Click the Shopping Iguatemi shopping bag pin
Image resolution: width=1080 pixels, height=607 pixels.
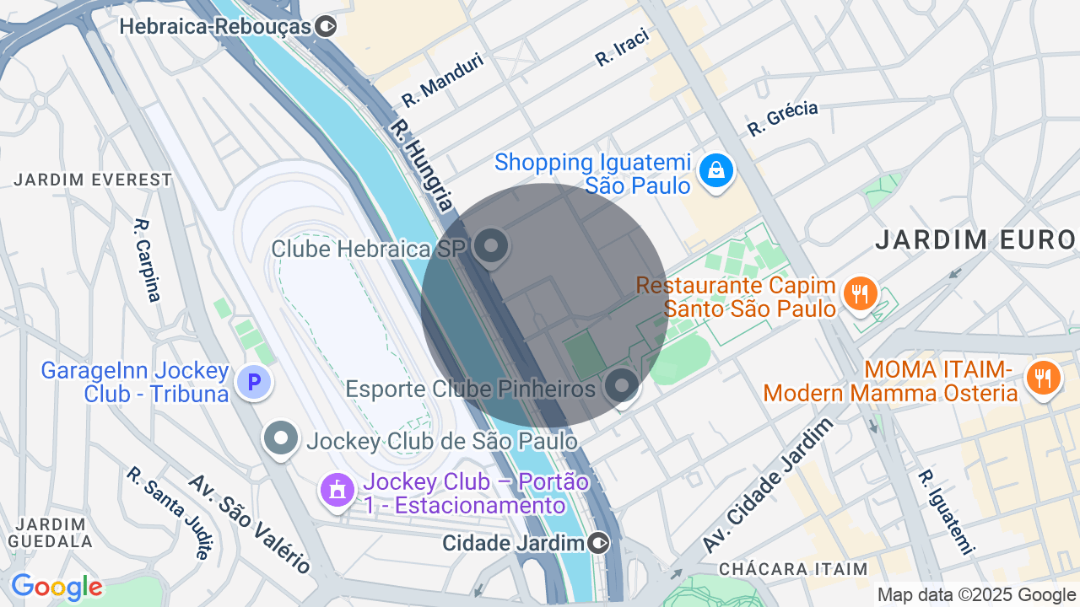pyautogui.click(x=715, y=171)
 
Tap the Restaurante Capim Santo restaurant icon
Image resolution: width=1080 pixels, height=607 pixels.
pyautogui.click(x=860, y=294)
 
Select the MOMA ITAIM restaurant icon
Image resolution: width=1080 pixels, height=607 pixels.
pyautogui.click(x=1043, y=379)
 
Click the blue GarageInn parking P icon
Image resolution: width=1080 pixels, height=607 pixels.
pyautogui.click(x=253, y=383)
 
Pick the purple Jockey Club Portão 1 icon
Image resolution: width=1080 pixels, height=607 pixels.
pyautogui.click(x=337, y=489)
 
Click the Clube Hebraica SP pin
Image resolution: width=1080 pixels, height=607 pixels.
pyautogui.click(x=490, y=247)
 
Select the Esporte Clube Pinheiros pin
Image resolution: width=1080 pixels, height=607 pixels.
pyautogui.click(x=623, y=386)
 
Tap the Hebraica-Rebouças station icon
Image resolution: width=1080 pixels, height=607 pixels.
pyautogui.click(x=325, y=27)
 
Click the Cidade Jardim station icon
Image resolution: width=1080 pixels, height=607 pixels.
pyautogui.click(x=599, y=542)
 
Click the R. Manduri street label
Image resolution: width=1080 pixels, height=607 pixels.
pyautogui.click(x=442, y=80)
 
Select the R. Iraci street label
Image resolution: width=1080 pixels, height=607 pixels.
pyautogui.click(x=622, y=47)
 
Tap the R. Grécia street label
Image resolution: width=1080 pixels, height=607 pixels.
pyautogui.click(x=782, y=118)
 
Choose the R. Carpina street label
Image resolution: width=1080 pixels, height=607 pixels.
pyautogui.click(x=147, y=260)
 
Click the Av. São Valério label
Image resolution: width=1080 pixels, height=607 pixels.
pyautogui.click(x=249, y=523)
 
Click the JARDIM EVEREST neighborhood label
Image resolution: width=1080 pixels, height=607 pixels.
pyautogui.click(x=93, y=180)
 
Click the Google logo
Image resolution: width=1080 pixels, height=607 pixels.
pyautogui.click(x=57, y=588)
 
